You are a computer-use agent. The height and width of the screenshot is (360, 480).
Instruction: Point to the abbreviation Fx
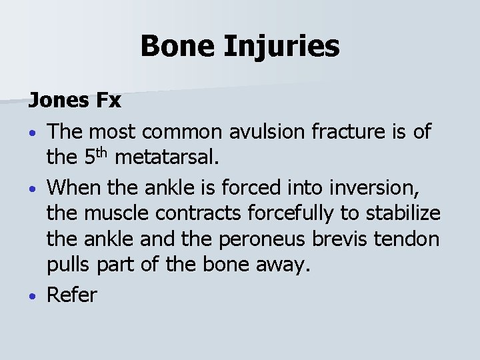click(109, 101)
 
